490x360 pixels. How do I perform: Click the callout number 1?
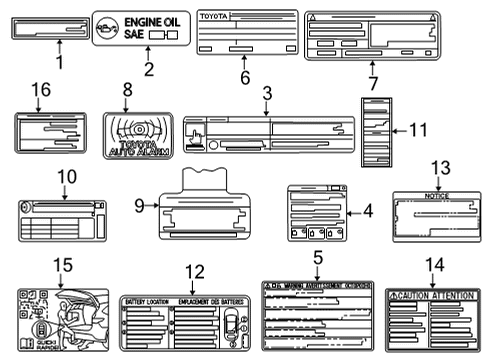[x=59, y=63]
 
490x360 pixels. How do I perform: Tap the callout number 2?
[x=147, y=69]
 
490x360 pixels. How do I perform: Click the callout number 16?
[x=38, y=91]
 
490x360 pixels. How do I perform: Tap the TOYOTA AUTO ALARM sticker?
[x=138, y=134]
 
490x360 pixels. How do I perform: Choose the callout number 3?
[x=267, y=93]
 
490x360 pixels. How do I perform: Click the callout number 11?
[x=417, y=129]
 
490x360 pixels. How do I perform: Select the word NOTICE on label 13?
[x=437, y=196]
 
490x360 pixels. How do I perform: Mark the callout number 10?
[x=65, y=177]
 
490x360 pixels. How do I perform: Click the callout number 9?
[x=139, y=207]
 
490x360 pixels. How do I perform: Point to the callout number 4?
[x=368, y=211]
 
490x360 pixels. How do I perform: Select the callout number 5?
[x=317, y=257]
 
